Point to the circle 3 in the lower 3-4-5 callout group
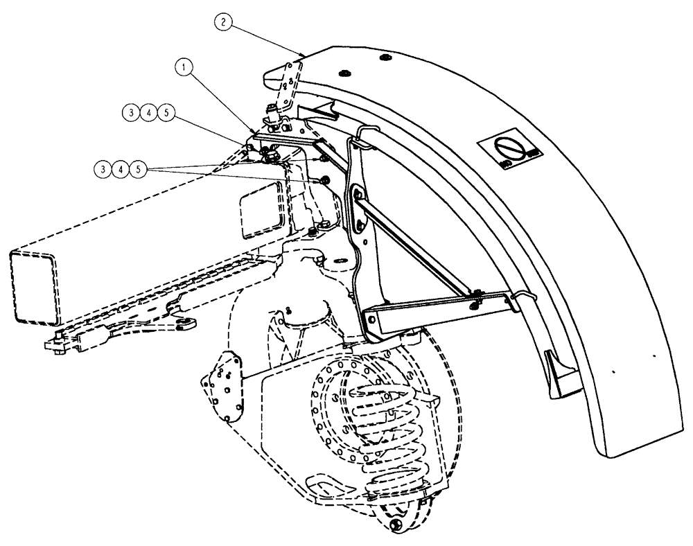pos(103,168)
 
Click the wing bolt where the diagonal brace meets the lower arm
pos(473,301)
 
